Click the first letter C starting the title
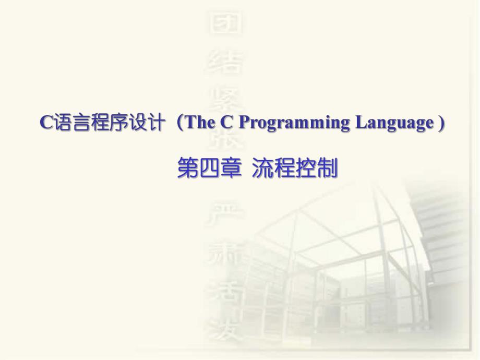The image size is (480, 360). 45,123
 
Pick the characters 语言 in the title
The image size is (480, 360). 65,123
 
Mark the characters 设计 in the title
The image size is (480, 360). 145,123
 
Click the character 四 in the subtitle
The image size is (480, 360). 207,169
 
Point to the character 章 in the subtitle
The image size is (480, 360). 227,169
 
